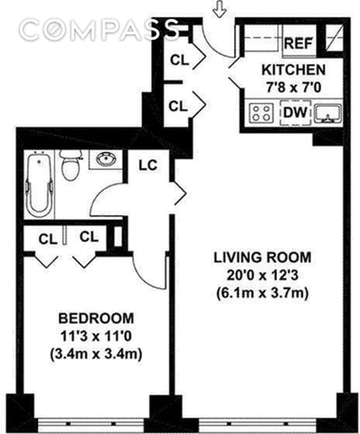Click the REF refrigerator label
298,43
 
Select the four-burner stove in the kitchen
261,113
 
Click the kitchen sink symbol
328,113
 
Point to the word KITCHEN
293,70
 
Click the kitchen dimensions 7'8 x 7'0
293,88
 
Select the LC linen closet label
148,165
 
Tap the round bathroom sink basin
106,159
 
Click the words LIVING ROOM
262,258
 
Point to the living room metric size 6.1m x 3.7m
262,293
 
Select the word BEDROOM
96,318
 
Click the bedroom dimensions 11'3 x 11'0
96,336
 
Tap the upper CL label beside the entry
180,60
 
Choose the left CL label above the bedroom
48,239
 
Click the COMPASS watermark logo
99,29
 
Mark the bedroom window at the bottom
91,424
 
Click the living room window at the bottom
257,424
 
